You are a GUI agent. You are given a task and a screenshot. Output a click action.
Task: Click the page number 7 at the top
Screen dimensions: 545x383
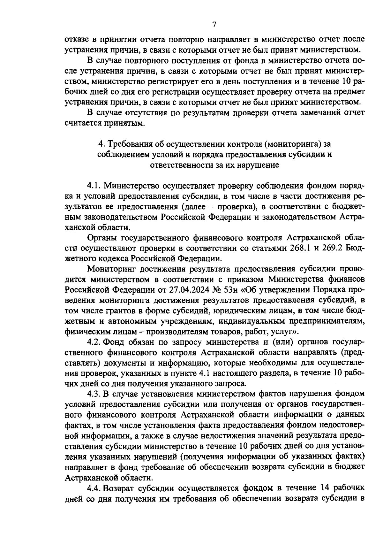click(x=214, y=25)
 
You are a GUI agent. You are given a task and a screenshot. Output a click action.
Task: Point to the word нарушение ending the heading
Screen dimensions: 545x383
click(x=259, y=165)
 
